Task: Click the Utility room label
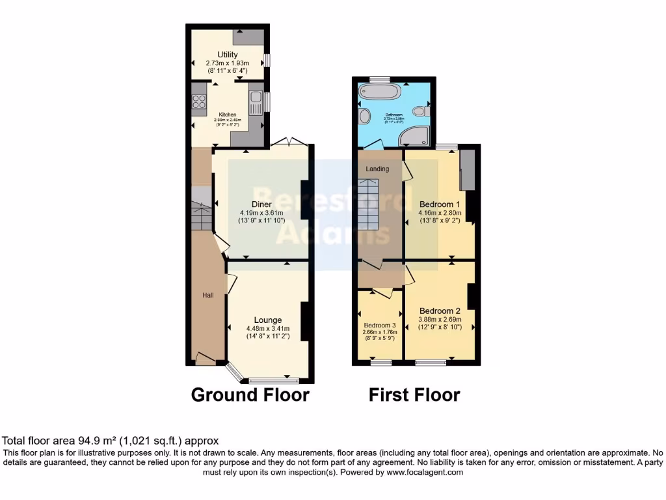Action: coord(228,54)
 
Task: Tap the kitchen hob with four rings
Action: coord(199,102)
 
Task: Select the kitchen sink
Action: coord(256,103)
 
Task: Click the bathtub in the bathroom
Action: coord(376,94)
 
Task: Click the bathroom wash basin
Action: coord(362,117)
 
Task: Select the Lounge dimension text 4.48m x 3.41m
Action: coord(268,329)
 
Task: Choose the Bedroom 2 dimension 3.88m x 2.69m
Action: coord(440,320)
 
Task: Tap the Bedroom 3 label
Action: coord(379,326)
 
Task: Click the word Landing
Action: coord(377,169)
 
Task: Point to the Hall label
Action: coord(207,296)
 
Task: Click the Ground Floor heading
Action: coord(250,395)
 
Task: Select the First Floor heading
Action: coord(414,395)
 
